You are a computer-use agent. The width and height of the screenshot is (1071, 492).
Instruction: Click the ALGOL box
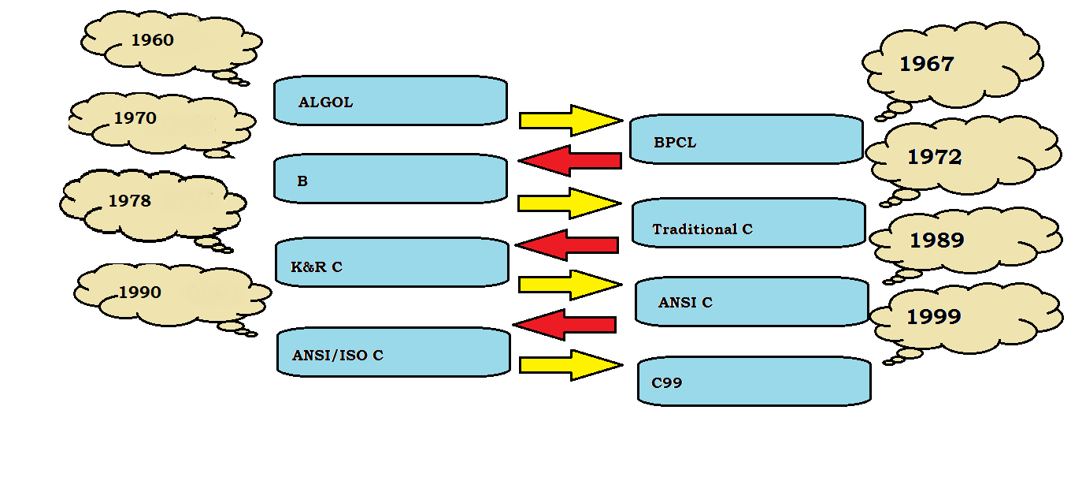click(x=390, y=101)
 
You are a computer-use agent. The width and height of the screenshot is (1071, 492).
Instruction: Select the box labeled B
click(x=390, y=179)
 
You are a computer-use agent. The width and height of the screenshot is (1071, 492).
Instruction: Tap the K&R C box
click(x=391, y=263)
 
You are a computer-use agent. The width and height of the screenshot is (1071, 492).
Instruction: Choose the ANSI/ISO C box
click(x=393, y=352)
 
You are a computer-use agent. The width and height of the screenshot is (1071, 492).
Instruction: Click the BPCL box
click(x=745, y=140)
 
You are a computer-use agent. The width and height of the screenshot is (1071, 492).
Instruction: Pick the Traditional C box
click(x=748, y=223)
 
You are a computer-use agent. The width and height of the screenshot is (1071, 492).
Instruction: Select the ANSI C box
click(x=750, y=301)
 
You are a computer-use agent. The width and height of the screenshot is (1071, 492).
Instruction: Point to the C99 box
click(x=754, y=382)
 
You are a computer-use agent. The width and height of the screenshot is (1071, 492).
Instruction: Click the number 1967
click(x=927, y=65)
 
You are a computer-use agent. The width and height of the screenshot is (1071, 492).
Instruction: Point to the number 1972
click(x=935, y=158)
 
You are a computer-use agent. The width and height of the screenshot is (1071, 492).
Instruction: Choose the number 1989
click(x=937, y=240)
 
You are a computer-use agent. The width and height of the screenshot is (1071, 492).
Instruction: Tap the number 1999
click(x=934, y=317)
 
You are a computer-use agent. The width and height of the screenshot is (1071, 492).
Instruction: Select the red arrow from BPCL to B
click(x=570, y=161)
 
